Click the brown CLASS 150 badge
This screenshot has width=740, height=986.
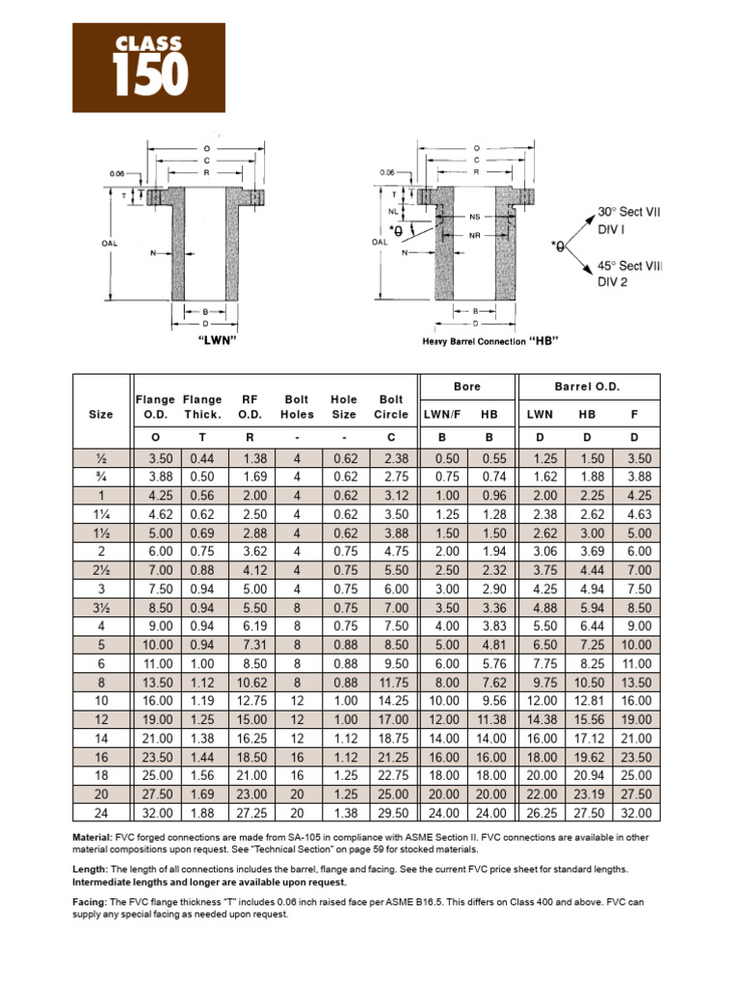pos(149,67)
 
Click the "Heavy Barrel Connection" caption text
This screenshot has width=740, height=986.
pos(474,342)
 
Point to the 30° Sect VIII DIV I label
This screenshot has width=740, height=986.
pos(629,220)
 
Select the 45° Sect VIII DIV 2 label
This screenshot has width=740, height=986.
pos(629,273)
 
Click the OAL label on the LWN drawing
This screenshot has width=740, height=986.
pos(109,244)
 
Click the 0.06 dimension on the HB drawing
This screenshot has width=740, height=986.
pos(387,172)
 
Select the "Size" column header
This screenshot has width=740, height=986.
pos(101,414)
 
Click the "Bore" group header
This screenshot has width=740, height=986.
pos(466,386)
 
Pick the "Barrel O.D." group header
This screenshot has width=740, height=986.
pos(588,386)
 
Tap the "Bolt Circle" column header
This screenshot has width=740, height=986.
pos(391,406)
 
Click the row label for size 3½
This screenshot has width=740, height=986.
pos(101,609)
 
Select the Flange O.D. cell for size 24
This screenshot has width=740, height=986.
pos(158,812)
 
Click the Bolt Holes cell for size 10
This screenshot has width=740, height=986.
pos(297,701)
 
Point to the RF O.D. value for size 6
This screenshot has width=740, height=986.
pos(249,664)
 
